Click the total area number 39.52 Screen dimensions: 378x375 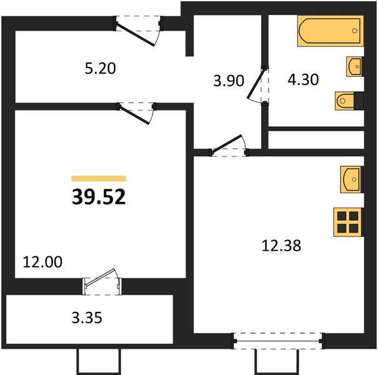(x=99, y=196)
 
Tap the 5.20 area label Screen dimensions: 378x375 (x=101, y=68)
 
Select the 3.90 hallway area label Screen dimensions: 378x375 (x=229, y=81)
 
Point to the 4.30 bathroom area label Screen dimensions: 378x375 (x=303, y=79)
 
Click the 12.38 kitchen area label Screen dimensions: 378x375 (x=281, y=246)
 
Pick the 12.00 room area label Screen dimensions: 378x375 (x=42, y=262)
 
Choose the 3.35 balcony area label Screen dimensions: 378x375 (x=87, y=317)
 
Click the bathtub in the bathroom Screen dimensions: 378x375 (x=331, y=31)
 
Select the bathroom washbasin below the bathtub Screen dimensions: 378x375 (x=355, y=66)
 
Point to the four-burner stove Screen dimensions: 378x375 (x=348, y=222)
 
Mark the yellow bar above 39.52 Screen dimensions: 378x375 (x=99, y=179)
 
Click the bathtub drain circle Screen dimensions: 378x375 (x=355, y=31)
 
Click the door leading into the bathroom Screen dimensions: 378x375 (x=258, y=85)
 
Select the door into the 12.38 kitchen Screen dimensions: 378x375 (x=229, y=146)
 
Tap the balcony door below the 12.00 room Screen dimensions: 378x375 (x=102, y=282)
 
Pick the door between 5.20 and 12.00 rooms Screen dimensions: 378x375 (x=136, y=113)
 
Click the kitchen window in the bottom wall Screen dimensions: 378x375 (x=277, y=341)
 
